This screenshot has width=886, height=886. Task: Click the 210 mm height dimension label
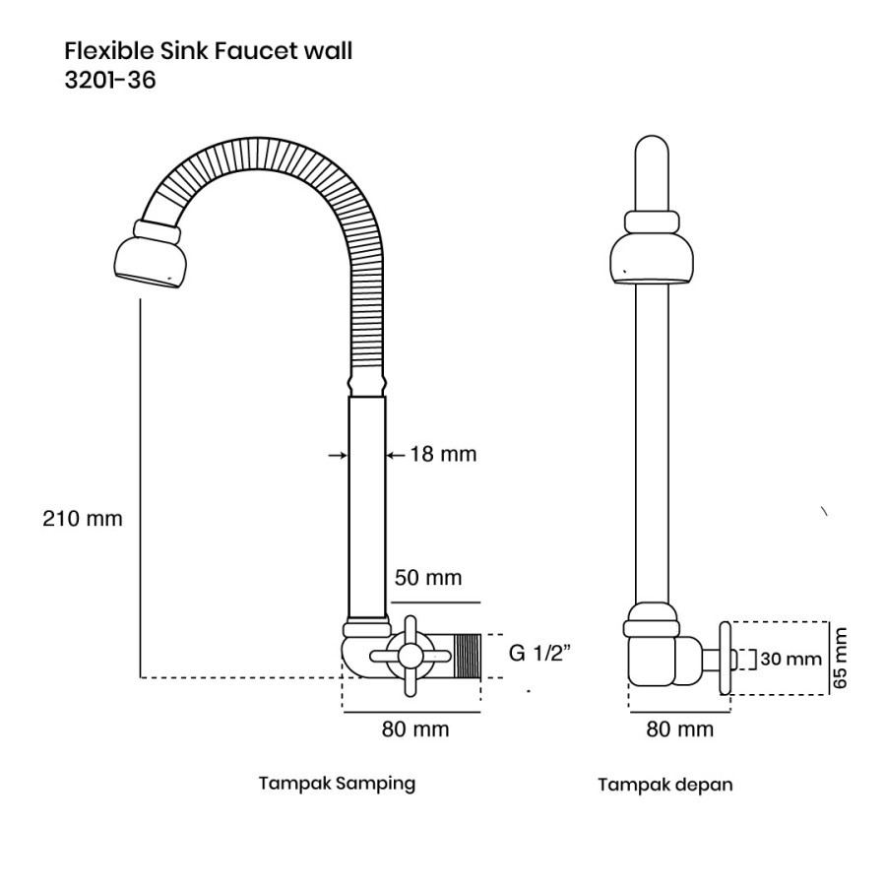point(83,518)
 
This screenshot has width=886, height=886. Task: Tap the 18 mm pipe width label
point(443,454)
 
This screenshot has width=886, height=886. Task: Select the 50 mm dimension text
point(428,578)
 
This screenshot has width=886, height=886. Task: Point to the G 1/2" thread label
point(539,653)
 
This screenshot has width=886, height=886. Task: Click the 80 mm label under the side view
point(415,728)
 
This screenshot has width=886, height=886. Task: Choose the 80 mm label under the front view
point(679,728)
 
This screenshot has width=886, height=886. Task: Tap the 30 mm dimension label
point(791,659)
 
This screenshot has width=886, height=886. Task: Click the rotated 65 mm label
point(841,658)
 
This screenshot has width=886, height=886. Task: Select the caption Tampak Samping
point(337,784)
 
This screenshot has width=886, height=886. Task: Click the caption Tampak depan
point(665,785)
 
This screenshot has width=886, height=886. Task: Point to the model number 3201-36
point(110,80)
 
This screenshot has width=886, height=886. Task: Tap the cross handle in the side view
point(411,656)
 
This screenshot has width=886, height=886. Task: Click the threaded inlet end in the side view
point(468,656)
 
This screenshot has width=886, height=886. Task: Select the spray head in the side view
point(148,254)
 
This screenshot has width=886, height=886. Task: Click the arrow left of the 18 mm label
point(338,454)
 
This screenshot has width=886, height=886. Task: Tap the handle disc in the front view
point(726,659)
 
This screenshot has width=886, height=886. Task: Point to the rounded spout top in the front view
point(652,173)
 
